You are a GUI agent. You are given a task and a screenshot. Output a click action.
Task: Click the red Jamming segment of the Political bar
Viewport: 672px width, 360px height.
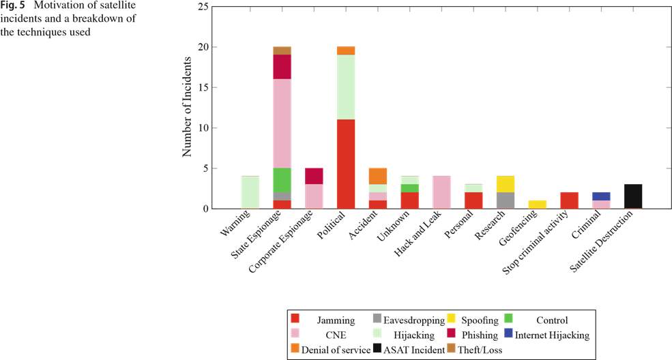(347, 164)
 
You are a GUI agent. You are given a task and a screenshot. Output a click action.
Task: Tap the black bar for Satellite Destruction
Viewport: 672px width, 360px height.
(633, 196)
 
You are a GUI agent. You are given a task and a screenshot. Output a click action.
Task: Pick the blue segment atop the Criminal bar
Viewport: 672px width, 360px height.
(601, 196)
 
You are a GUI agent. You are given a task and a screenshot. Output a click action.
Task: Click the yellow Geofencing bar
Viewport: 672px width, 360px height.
(538, 205)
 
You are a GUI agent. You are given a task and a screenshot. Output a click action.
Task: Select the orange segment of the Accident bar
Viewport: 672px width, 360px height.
(378, 176)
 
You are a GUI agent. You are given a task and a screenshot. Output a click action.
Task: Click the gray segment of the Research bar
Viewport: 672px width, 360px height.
(506, 200)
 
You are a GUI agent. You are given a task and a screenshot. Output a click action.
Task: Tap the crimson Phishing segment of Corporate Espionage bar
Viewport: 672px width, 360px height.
(314, 176)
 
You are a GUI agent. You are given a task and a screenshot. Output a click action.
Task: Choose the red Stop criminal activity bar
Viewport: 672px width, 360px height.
(569, 200)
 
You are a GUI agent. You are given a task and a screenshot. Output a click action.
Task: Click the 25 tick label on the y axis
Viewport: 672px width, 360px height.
(203, 7)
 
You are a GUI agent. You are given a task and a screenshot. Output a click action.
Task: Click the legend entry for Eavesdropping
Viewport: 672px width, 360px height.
(406, 320)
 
